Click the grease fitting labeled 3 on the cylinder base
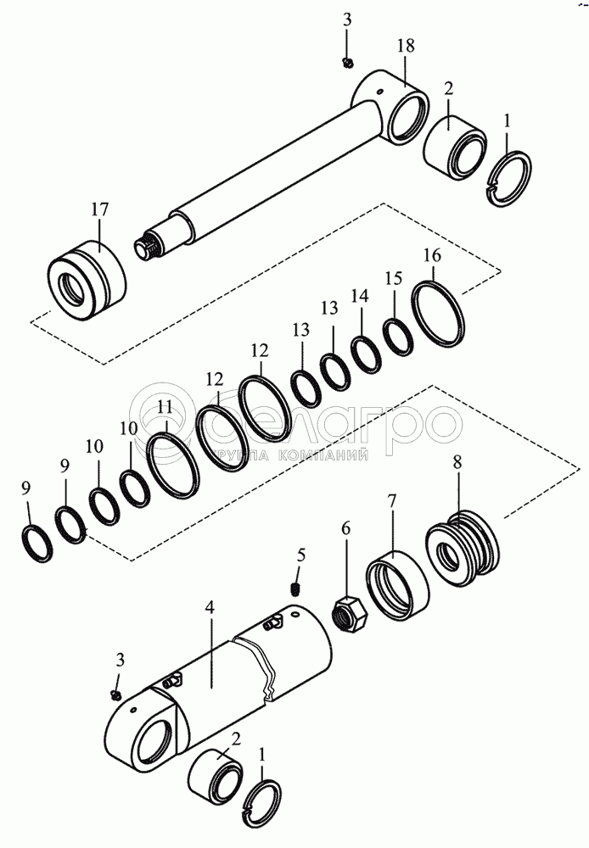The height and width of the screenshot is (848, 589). (115, 695)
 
